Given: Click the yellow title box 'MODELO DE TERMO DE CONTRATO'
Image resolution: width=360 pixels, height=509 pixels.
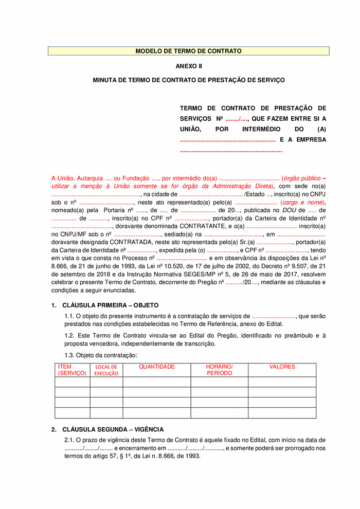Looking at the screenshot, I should click(x=188, y=51).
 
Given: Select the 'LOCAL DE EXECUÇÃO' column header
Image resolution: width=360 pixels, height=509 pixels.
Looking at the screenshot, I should click(x=106, y=370).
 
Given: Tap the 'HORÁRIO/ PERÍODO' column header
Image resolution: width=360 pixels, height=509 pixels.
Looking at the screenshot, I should click(x=219, y=370).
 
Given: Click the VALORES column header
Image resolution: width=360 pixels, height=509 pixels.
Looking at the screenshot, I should click(x=282, y=367).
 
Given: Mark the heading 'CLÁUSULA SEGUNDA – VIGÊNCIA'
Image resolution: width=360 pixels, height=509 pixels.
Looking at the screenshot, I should click(x=113, y=429).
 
